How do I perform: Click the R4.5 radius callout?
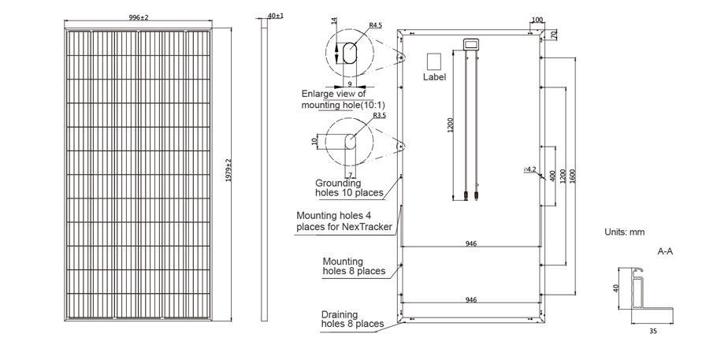(x=377, y=26)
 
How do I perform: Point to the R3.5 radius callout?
(x=380, y=116)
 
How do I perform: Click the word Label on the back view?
(x=434, y=77)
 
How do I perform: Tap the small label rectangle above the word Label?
(x=433, y=61)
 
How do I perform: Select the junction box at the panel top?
(x=471, y=44)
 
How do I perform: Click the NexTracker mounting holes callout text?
(x=344, y=221)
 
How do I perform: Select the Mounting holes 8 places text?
(x=354, y=266)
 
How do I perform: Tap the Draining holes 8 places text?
(x=352, y=319)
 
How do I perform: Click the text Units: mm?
(x=624, y=232)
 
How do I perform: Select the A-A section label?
(x=665, y=251)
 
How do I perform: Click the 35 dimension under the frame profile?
(x=653, y=332)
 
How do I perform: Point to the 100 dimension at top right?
(x=538, y=20)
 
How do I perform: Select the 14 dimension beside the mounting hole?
(x=334, y=21)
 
